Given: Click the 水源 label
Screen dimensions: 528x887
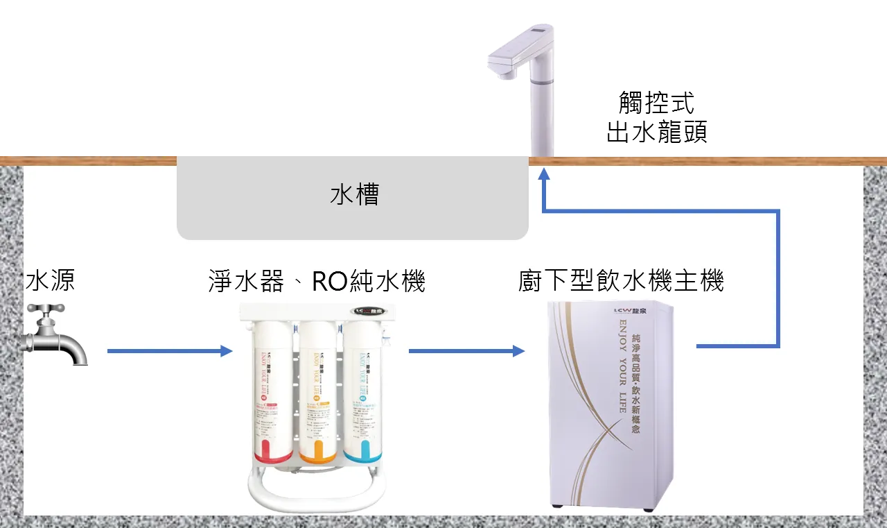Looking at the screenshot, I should (50, 281).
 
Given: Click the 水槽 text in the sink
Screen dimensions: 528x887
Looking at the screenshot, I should (354, 195).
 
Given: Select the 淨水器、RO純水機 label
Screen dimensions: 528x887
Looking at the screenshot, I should (316, 281).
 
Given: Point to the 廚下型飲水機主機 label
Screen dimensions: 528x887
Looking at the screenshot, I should (621, 281).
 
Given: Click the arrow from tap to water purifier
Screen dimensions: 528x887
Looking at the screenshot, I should (170, 351).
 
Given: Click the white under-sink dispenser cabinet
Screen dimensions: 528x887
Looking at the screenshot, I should (610, 406).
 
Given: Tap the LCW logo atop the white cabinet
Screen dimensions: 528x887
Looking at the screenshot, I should (626, 309).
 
